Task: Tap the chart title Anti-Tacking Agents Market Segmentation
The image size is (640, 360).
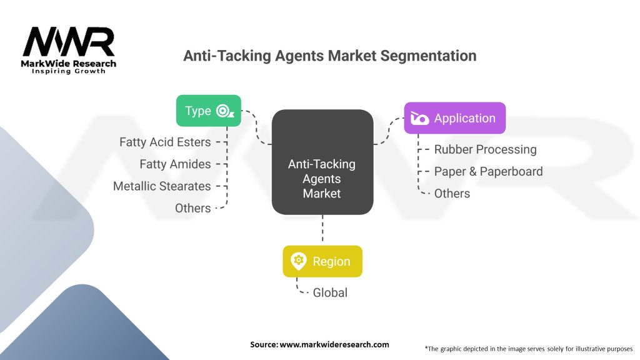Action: click(x=329, y=56)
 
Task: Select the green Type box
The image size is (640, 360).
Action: click(x=208, y=111)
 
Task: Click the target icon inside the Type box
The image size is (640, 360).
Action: click(x=224, y=111)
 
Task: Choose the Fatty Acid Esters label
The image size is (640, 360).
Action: click(x=165, y=142)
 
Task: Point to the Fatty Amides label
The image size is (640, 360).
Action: click(x=175, y=164)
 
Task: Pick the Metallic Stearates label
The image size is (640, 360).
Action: click(x=162, y=186)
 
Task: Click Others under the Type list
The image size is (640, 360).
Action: click(x=192, y=208)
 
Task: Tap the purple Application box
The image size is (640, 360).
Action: click(x=454, y=118)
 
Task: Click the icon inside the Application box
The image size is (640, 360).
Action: click(x=420, y=118)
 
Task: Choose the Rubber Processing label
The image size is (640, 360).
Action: click(x=485, y=149)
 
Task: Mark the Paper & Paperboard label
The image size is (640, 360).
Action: click(x=488, y=171)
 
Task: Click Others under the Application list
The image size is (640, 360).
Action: click(x=452, y=193)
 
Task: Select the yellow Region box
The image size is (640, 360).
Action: click(x=322, y=261)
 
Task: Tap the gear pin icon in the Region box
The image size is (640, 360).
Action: click(x=298, y=261)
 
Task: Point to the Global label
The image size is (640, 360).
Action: click(x=330, y=292)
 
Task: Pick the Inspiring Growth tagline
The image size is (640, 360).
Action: click(x=69, y=71)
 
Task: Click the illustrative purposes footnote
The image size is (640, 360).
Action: click(x=529, y=348)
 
